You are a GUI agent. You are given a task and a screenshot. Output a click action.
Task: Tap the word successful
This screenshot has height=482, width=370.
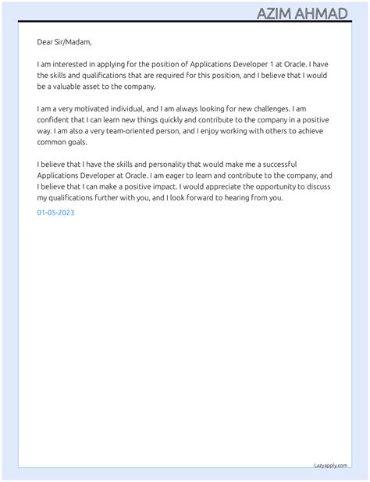[303, 165]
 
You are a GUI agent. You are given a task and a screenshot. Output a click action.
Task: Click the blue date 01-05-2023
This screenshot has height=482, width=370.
[55, 212]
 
